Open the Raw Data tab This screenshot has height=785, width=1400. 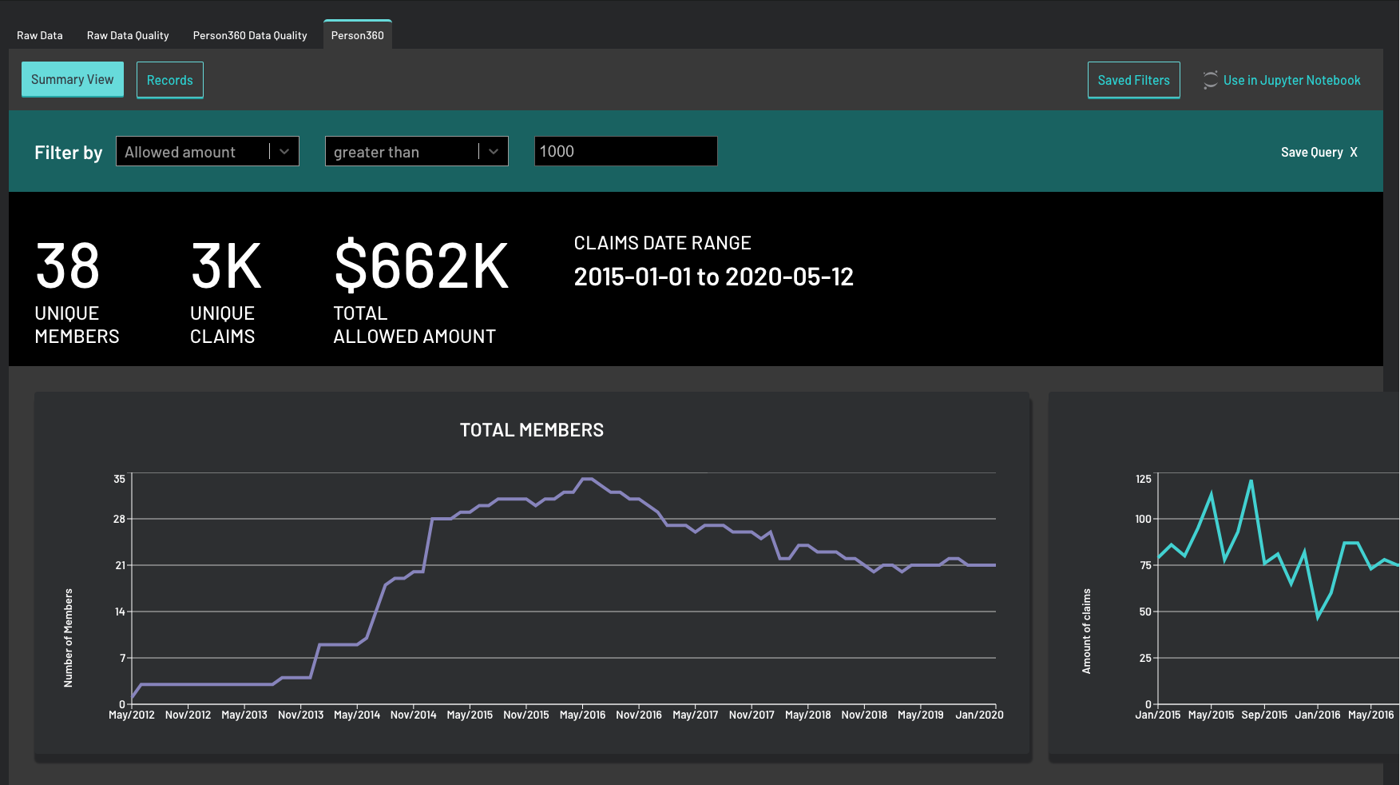tap(40, 35)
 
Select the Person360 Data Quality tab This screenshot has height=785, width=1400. tap(250, 35)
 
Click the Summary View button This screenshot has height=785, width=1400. tap(73, 79)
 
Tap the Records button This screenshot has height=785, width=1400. tap(170, 80)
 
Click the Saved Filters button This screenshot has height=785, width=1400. tap(1133, 80)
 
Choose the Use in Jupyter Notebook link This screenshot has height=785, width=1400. tap(1291, 80)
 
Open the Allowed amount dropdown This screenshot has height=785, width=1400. tap(208, 152)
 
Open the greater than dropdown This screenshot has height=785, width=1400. tap(417, 152)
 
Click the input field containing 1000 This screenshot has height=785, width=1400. tap(625, 151)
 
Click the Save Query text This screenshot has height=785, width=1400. tap(1311, 152)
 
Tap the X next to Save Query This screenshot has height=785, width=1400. tap(1354, 152)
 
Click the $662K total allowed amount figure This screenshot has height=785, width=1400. tap(421, 266)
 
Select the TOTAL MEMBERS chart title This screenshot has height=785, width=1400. tap(532, 430)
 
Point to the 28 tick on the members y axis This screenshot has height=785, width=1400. tap(120, 519)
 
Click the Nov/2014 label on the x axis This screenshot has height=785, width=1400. tap(413, 715)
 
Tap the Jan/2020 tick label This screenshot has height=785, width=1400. tap(979, 715)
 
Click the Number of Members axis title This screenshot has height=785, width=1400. tap(69, 638)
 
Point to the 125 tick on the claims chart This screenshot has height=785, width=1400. tap(1144, 479)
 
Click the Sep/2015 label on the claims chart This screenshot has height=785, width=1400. tap(1264, 715)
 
